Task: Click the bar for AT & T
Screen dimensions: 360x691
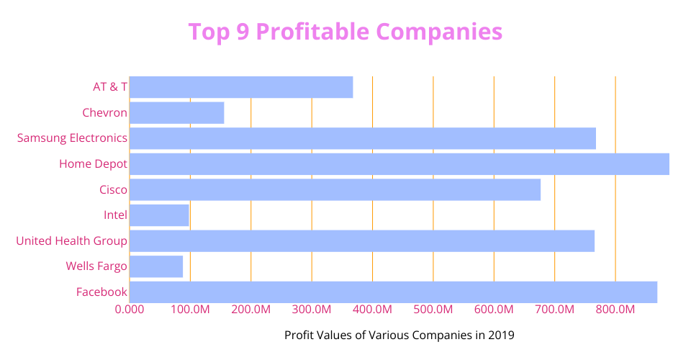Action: click(241, 87)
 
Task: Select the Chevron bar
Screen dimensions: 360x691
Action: click(177, 113)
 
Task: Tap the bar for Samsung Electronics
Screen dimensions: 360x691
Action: click(363, 138)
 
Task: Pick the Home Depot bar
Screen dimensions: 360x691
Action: click(399, 164)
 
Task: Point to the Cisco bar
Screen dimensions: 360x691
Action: click(335, 189)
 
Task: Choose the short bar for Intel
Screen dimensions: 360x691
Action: click(159, 215)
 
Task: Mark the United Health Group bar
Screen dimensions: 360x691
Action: click(362, 240)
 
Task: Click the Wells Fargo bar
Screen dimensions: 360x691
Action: click(156, 266)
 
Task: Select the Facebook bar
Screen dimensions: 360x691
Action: click(393, 292)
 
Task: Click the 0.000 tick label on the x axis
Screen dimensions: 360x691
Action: click(130, 310)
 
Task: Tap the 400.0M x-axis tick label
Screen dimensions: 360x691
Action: click(372, 310)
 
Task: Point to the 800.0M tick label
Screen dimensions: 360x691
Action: click(615, 310)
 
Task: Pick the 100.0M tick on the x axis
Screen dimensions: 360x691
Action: click(190, 310)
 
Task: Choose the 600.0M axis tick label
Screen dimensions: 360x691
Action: click(494, 310)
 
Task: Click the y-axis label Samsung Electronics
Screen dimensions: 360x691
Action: click(72, 138)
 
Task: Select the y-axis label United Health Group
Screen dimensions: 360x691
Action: click(72, 240)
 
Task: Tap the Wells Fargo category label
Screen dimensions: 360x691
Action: click(96, 266)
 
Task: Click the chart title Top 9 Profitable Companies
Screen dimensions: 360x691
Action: click(345, 32)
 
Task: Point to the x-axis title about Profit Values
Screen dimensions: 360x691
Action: click(399, 335)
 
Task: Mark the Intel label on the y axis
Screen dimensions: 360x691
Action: click(115, 215)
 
